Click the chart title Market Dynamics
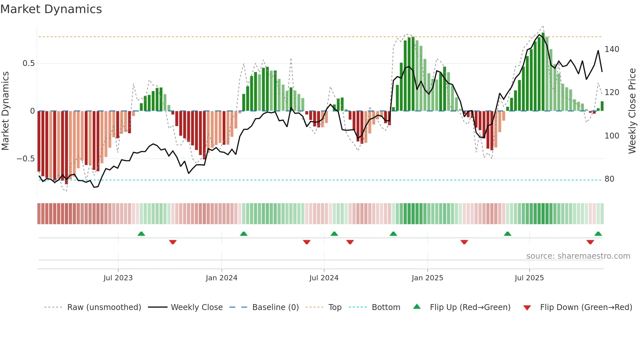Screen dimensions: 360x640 point(51,9)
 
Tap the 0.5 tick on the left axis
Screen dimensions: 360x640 point(29,63)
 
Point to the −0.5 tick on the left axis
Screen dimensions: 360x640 point(26,159)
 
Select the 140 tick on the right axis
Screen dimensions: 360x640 point(612,49)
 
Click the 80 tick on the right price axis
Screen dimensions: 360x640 point(609,179)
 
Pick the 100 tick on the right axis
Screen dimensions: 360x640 point(612,136)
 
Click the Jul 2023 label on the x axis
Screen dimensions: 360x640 point(118,278)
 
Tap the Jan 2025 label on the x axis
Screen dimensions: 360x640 point(427,278)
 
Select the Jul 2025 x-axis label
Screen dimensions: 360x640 point(529,278)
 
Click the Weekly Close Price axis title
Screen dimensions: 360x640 point(632,111)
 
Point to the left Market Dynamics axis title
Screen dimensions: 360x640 point(5,111)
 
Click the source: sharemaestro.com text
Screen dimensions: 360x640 point(578,256)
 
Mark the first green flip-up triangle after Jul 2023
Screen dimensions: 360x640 point(141,234)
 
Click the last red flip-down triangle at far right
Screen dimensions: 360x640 point(590,242)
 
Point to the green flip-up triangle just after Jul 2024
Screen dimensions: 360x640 point(334,234)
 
